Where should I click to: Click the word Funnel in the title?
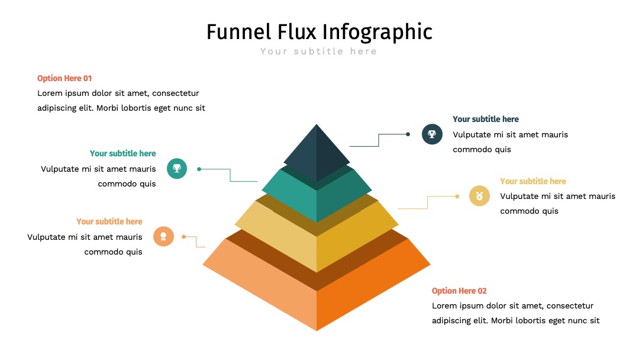click(239, 32)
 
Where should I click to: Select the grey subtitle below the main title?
click(319, 52)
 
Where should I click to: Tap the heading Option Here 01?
click(64, 78)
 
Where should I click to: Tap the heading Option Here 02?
click(459, 291)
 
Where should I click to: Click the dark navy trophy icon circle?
click(432, 134)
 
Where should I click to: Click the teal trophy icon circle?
click(177, 168)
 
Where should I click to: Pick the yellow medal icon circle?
click(479, 196)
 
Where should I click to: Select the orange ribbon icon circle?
click(163, 236)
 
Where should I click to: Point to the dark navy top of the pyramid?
click(317, 153)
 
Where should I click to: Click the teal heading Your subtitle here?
click(122, 153)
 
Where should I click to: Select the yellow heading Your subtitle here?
click(533, 181)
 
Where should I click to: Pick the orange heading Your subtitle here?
click(109, 221)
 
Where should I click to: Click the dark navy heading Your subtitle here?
click(486, 119)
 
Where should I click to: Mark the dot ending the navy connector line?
click(408, 134)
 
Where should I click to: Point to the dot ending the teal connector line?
click(199, 169)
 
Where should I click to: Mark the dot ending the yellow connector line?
click(457, 197)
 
